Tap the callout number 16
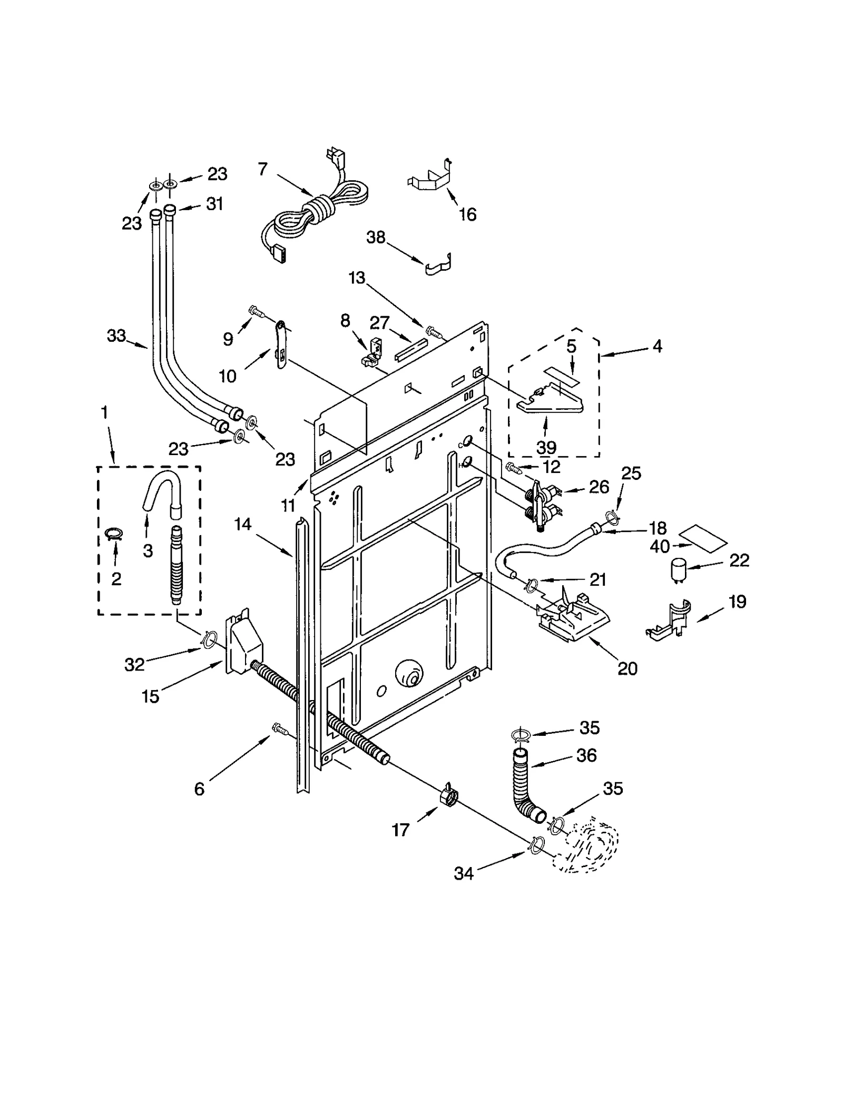click(467, 214)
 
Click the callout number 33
click(116, 336)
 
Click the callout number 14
click(243, 524)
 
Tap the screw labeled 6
click(279, 730)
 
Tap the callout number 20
click(627, 668)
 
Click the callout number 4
click(657, 346)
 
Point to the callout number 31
click(214, 203)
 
